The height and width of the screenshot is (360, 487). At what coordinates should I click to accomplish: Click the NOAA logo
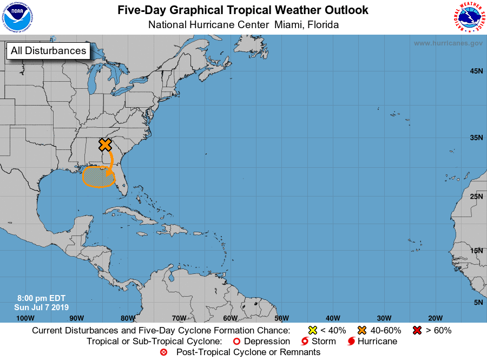click(x=17, y=17)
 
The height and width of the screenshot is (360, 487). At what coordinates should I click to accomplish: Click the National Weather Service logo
click(x=468, y=17)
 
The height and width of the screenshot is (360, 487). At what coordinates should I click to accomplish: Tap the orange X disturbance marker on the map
click(x=105, y=145)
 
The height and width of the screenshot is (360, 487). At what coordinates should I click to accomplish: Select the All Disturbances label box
click(x=48, y=51)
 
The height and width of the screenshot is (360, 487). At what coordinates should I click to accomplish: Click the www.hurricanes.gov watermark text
click(x=448, y=43)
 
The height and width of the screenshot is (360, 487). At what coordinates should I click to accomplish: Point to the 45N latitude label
click(x=476, y=71)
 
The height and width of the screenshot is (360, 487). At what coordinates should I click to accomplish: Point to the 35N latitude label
click(x=476, y=138)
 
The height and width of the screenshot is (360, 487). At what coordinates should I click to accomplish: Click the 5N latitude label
click(x=478, y=302)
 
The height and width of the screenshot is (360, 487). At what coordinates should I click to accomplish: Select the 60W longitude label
click(x=230, y=318)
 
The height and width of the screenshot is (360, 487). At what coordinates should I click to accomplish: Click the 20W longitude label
click(x=435, y=318)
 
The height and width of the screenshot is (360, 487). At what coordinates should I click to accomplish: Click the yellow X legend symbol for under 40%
click(x=312, y=330)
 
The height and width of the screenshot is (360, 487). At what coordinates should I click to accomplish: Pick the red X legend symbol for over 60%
click(x=417, y=330)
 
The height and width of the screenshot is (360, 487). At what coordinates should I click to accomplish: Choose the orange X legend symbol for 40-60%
click(x=362, y=330)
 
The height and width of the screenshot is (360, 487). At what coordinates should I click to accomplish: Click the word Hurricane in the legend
click(x=378, y=342)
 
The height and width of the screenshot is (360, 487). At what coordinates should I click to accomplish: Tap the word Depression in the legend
click(x=267, y=342)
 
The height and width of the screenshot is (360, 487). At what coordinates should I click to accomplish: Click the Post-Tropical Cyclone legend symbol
click(x=164, y=352)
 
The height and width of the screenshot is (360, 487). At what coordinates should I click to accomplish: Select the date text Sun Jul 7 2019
click(x=42, y=307)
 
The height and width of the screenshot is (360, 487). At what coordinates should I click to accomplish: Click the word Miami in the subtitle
click(x=290, y=25)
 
